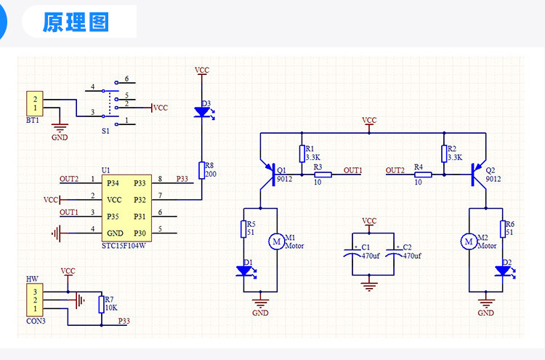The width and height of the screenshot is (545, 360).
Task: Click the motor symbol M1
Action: [277, 241]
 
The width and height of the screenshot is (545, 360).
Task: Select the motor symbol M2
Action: [469, 241]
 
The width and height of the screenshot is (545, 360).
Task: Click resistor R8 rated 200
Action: [201, 170]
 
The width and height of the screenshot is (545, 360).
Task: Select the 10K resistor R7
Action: [102, 305]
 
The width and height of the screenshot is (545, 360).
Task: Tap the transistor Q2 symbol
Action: [478, 175]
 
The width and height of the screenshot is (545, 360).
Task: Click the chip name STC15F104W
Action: [124, 246]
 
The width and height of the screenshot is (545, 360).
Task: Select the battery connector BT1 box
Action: [35, 104]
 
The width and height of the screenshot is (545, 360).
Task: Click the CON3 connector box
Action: [35, 300]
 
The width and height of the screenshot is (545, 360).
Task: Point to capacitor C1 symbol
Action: [352, 253]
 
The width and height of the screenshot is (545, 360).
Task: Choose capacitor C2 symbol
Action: [394, 253]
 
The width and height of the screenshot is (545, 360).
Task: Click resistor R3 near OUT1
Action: [323, 175]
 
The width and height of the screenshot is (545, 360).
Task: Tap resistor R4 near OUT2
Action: [423, 175]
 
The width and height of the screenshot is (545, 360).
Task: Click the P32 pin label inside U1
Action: [140, 200]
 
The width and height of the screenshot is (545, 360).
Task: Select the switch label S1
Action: [105, 131]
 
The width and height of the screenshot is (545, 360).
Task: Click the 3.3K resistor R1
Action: [302, 153]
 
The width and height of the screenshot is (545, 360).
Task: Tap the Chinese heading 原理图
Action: [76, 22]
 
